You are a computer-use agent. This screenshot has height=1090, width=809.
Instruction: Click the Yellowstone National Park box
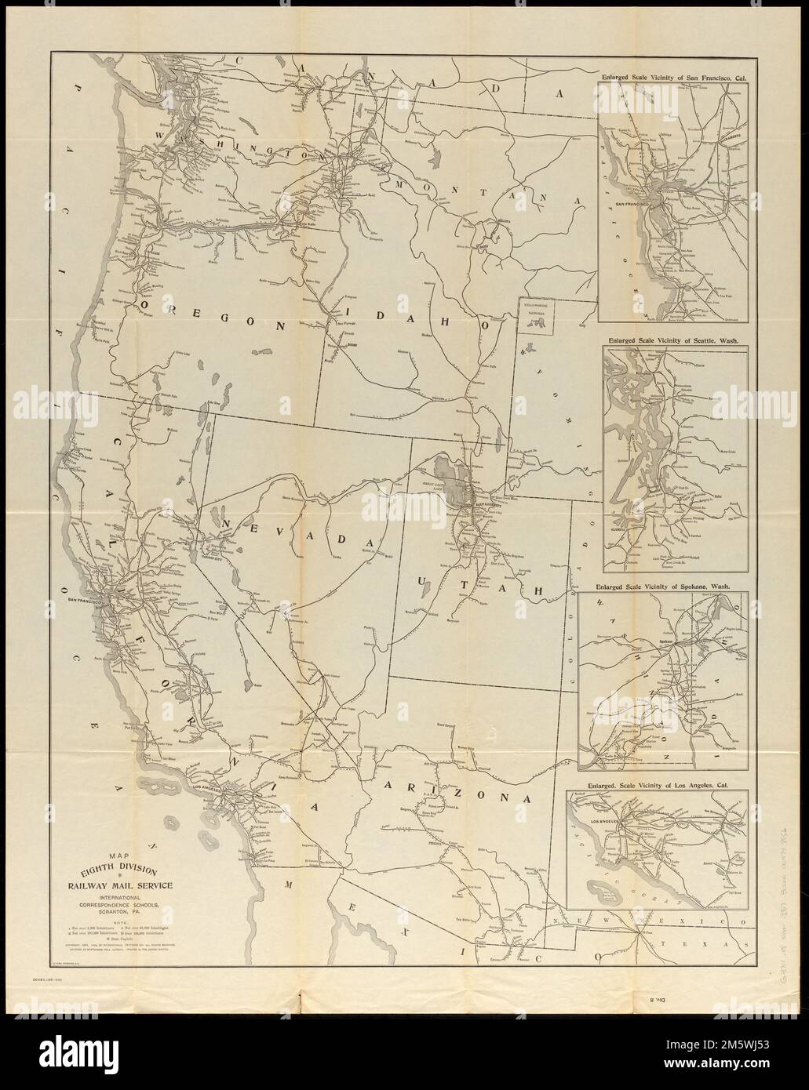(x=535, y=314)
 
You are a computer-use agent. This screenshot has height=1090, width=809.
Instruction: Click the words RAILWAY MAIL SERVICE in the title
(x=123, y=886)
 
